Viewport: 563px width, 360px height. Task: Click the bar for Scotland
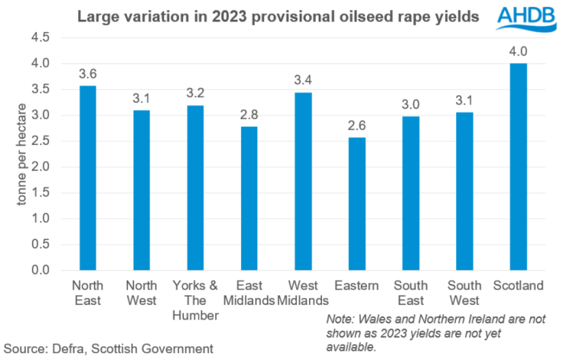coord(518,167)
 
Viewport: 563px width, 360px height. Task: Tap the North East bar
coord(88,178)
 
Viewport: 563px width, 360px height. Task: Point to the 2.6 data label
coord(357,125)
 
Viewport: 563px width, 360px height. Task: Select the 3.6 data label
coord(88,74)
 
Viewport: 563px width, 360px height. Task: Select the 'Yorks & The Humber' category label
coord(195,301)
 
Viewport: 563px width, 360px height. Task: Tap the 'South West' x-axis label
coord(464,293)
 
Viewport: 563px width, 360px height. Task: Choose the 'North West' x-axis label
coord(142,293)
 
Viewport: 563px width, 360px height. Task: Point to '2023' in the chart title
coord(234,17)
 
